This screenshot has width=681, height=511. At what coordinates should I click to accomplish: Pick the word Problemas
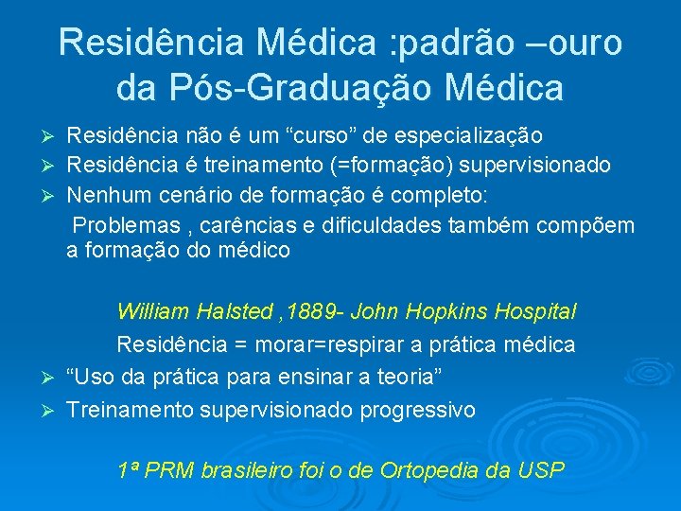coord(125,226)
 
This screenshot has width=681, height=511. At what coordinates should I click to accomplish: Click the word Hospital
coord(543,310)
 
